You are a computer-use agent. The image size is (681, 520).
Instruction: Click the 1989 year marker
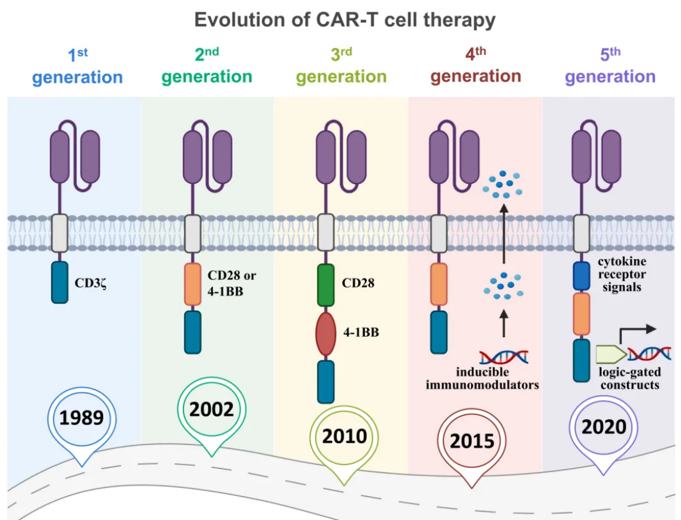pyautogui.click(x=81, y=418)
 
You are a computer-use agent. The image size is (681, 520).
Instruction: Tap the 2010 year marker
pyautogui.click(x=344, y=436)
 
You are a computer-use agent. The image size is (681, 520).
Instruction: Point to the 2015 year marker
pyautogui.click(x=472, y=441)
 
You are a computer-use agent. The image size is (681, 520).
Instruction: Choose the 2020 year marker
pyautogui.click(x=603, y=426)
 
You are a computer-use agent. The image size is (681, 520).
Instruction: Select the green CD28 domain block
pyautogui.click(x=326, y=285)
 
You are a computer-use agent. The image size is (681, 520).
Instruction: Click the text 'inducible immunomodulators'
pyautogui.click(x=498, y=379)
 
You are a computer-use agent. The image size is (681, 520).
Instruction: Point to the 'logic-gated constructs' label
pyautogui.click(x=629, y=378)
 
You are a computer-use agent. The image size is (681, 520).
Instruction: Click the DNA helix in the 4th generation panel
pyautogui.click(x=504, y=356)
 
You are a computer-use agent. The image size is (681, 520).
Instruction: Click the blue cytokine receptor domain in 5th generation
pyautogui.click(x=581, y=276)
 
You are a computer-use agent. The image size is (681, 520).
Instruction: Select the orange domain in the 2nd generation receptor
pyautogui.click(x=193, y=284)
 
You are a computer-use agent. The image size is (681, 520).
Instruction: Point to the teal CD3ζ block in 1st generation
pyautogui.click(x=60, y=282)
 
